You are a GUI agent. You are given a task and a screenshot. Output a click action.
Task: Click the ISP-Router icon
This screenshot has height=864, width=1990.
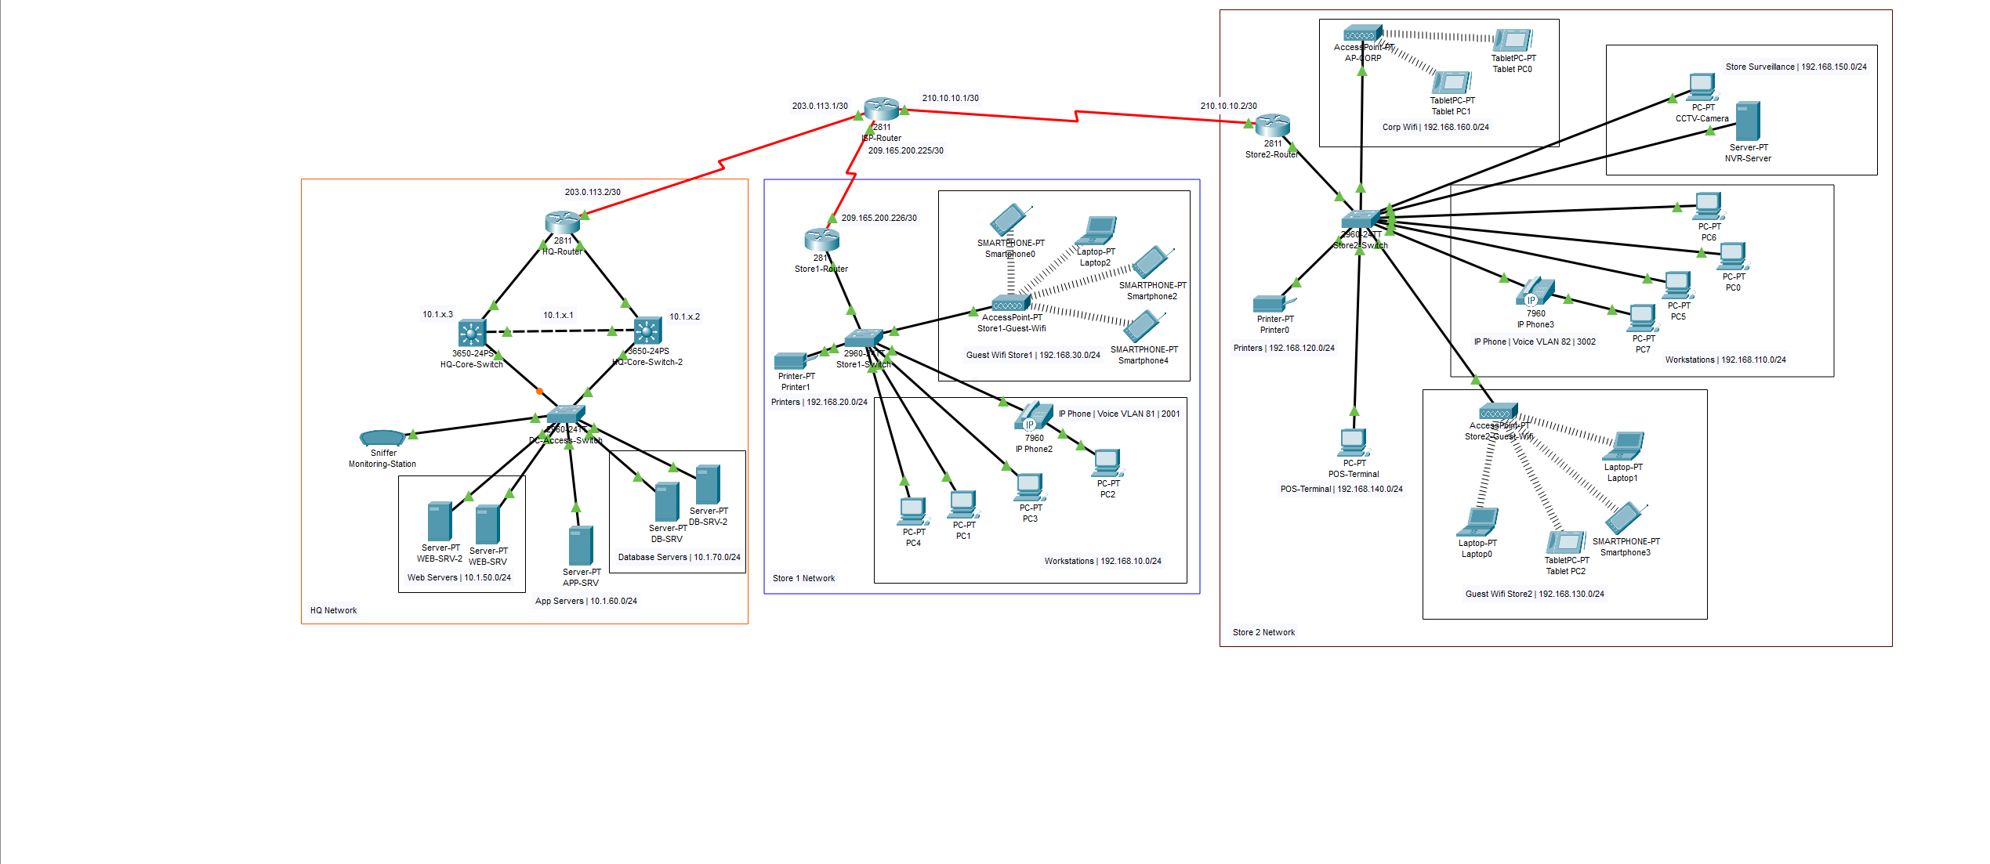click(x=881, y=109)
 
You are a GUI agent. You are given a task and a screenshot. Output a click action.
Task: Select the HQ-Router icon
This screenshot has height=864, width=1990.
click(x=562, y=222)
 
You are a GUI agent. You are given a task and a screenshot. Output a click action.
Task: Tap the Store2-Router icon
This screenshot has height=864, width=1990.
click(x=1272, y=125)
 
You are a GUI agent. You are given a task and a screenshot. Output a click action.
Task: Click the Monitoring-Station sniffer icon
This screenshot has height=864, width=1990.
click(x=382, y=438)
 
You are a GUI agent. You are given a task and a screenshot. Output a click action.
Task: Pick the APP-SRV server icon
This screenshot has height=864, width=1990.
click(x=580, y=546)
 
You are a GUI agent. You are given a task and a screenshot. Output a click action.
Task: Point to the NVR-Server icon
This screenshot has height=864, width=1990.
click(x=1747, y=121)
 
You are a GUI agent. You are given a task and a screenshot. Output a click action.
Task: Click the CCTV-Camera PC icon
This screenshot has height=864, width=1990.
click(x=1702, y=87)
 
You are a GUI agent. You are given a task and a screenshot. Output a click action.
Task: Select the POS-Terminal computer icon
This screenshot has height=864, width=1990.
click(x=1354, y=443)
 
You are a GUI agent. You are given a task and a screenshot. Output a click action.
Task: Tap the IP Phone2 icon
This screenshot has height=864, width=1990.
click(x=1035, y=417)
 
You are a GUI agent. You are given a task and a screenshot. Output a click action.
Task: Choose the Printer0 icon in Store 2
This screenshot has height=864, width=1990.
click(x=1270, y=304)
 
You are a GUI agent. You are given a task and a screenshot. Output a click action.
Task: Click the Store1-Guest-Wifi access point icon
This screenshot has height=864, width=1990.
click(x=1009, y=304)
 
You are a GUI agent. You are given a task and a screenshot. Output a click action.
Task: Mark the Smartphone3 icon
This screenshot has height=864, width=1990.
click(x=1625, y=519)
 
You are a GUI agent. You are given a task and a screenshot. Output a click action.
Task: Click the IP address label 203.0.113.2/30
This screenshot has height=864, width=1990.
click(x=593, y=192)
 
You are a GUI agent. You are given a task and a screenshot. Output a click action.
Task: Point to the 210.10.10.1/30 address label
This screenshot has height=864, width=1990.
click(x=950, y=98)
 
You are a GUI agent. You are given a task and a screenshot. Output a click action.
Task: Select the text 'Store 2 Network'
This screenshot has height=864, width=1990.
click(x=1263, y=632)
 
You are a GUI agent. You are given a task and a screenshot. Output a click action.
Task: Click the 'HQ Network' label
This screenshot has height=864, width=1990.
click(x=333, y=610)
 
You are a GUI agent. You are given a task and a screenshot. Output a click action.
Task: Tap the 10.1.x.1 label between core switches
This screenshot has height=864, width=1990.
click(x=558, y=315)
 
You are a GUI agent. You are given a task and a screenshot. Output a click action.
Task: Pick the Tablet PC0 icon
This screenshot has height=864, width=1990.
click(x=1513, y=40)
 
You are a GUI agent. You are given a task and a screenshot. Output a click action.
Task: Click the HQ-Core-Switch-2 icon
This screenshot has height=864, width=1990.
click(x=647, y=331)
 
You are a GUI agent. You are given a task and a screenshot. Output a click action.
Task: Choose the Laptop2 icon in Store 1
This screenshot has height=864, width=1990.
click(x=1097, y=231)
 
